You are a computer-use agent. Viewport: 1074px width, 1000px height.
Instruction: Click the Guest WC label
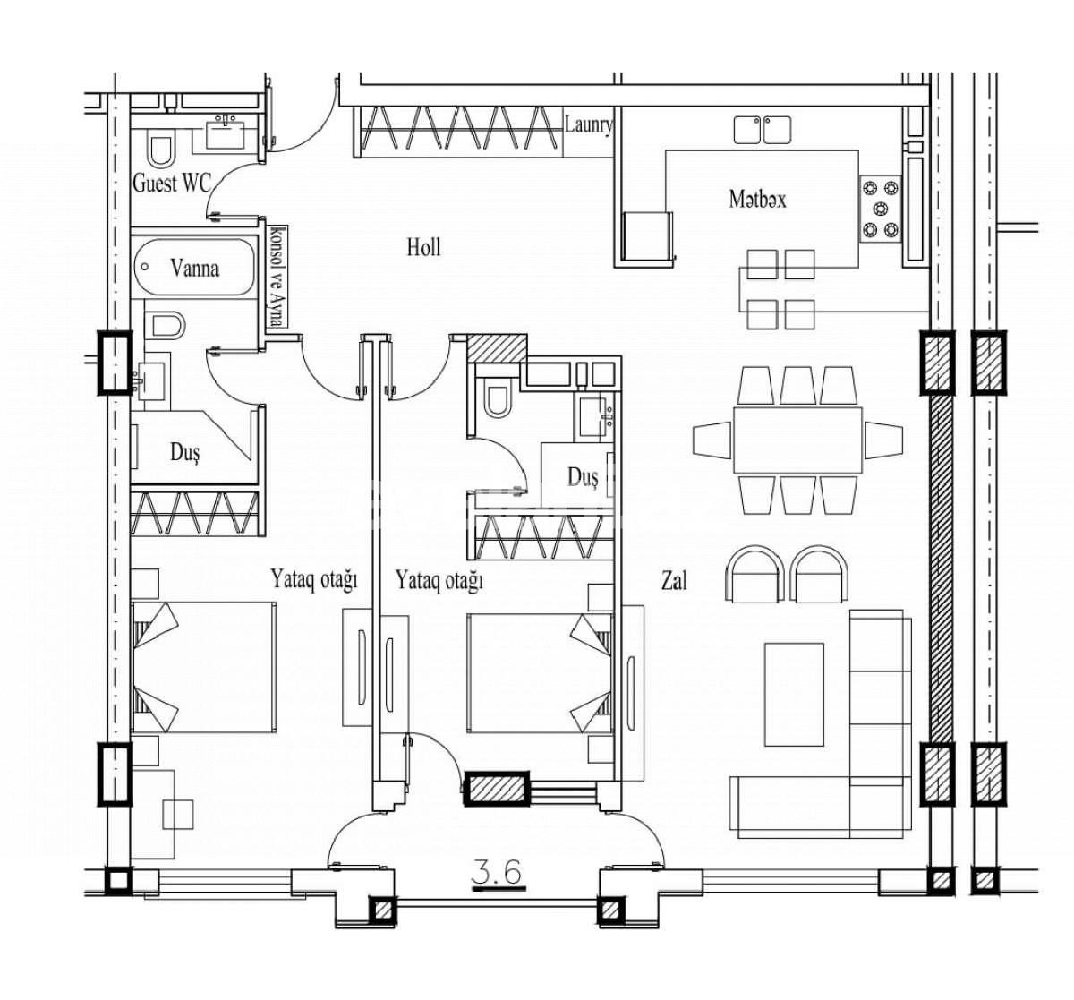coord(172,184)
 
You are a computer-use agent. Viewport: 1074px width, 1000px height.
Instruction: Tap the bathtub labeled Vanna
coord(195,267)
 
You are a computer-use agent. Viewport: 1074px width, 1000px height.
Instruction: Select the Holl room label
coord(422,247)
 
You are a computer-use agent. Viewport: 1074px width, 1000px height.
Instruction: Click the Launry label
coord(588,124)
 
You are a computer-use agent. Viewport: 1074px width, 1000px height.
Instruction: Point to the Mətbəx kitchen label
coord(757,199)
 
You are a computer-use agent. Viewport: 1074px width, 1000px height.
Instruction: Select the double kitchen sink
coord(763,130)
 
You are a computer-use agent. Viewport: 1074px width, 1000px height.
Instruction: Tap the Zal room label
coord(674,581)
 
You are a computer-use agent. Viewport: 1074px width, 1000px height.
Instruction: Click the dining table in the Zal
coord(798,440)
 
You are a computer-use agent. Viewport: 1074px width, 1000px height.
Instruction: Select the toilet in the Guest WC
coord(162,150)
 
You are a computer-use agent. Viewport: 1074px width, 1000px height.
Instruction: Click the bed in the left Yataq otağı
coord(204,668)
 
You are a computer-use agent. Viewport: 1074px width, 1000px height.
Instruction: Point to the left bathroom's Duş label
coord(185,452)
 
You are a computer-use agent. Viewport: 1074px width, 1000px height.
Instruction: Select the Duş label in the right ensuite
coord(582,477)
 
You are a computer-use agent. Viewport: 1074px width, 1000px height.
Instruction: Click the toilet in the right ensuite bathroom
coord(495,399)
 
